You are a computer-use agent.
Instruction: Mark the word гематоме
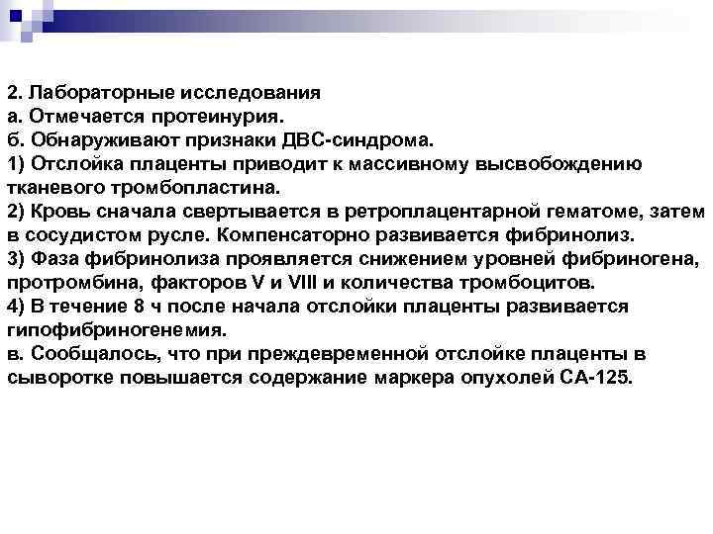(608, 212)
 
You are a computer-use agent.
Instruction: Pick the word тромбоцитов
(528, 283)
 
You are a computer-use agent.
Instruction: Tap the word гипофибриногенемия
(117, 330)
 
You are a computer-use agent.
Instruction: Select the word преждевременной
(369, 354)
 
